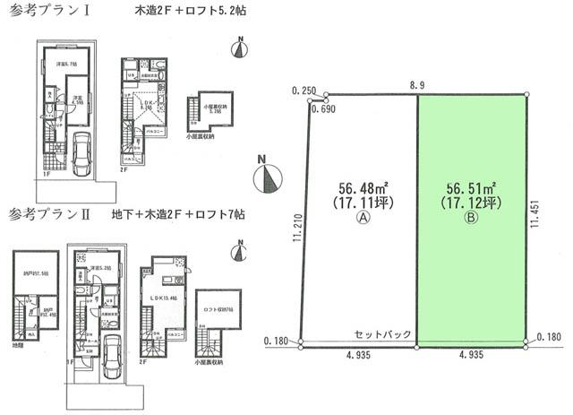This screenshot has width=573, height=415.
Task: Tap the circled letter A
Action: [x=363, y=217]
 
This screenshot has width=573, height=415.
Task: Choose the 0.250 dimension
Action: [x=304, y=91]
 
